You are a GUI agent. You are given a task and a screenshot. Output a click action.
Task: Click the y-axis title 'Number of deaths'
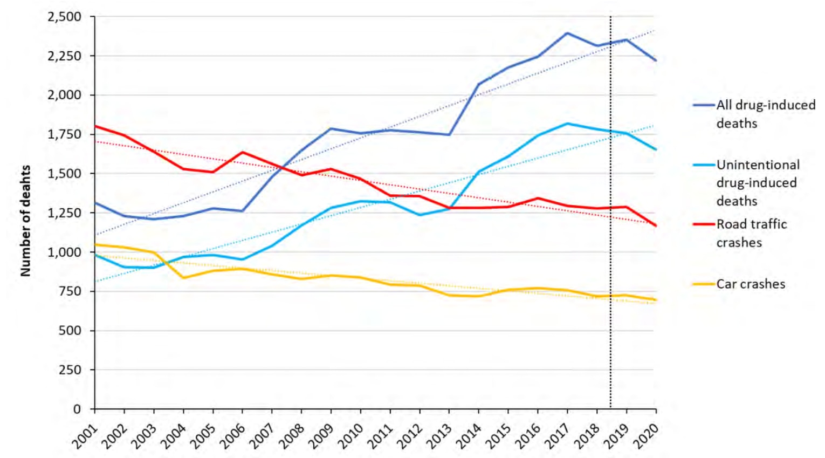point(25,221)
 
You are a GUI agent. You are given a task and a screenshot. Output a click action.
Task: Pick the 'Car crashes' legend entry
point(750,284)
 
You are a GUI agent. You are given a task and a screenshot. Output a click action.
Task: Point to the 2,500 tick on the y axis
point(64,17)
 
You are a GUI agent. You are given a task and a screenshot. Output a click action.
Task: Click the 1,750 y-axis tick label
point(64,134)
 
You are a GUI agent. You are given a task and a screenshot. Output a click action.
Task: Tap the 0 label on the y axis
point(77,409)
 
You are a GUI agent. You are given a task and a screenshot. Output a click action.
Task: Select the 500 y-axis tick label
point(70,330)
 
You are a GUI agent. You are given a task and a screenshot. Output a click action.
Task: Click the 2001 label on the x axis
point(86,436)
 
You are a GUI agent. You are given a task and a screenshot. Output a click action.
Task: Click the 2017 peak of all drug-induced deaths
point(567,33)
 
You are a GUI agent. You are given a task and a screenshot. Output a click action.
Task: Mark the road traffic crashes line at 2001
point(95,126)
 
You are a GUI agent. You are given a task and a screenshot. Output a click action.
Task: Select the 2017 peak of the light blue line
point(567,124)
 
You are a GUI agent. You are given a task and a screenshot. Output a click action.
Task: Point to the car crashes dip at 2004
point(184,278)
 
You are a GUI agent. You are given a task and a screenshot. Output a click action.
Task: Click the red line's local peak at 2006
point(243,152)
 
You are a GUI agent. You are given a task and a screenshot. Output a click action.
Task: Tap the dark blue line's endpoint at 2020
point(656,60)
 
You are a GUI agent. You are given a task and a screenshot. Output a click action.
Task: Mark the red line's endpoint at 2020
point(656,225)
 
